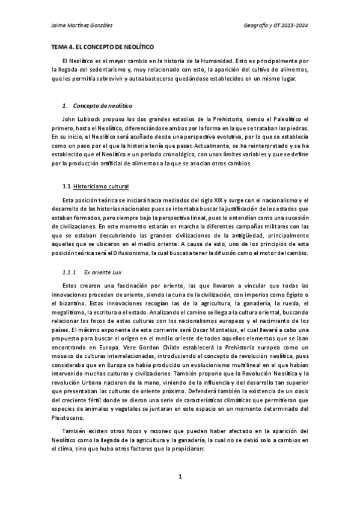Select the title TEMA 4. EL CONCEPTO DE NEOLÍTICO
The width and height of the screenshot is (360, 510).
(102, 46)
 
